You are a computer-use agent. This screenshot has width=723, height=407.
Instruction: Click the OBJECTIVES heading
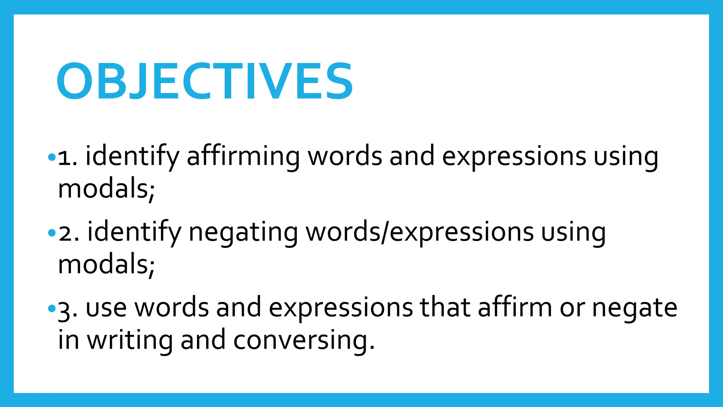[204, 81]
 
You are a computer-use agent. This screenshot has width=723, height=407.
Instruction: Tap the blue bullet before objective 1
[52, 157]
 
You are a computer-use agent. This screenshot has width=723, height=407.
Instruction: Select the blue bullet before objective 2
[52, 233]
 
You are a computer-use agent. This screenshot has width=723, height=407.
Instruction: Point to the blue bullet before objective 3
[52, 309]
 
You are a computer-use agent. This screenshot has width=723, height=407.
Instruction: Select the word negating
[243, 232]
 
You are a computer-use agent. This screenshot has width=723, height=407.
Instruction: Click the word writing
[130, 340]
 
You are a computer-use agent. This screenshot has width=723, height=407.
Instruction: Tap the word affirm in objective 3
[515, 307]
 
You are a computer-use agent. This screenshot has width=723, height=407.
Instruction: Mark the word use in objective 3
[106, 308]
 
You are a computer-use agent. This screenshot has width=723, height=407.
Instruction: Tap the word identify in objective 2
[134, 232]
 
